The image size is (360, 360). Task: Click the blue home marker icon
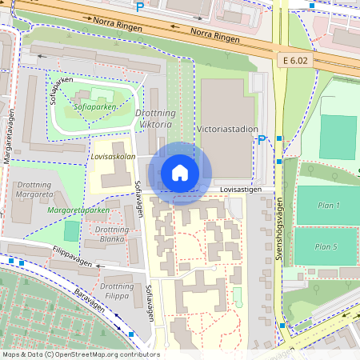[180, 173]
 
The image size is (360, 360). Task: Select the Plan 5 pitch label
[326, 246]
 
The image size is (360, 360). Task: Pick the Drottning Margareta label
[34, 190]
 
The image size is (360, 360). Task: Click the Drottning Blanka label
[112, 234]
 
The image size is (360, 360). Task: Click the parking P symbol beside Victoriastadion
[261, 140]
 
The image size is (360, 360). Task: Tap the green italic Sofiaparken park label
[95, 106]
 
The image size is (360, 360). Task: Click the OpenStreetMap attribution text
[81, 354]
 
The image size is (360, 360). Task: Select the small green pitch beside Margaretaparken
[72, 231]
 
